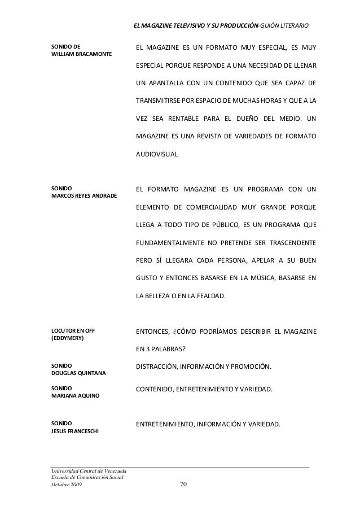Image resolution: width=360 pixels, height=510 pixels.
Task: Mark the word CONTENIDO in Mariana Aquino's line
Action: pyautogui.click(x=155, y=390)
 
